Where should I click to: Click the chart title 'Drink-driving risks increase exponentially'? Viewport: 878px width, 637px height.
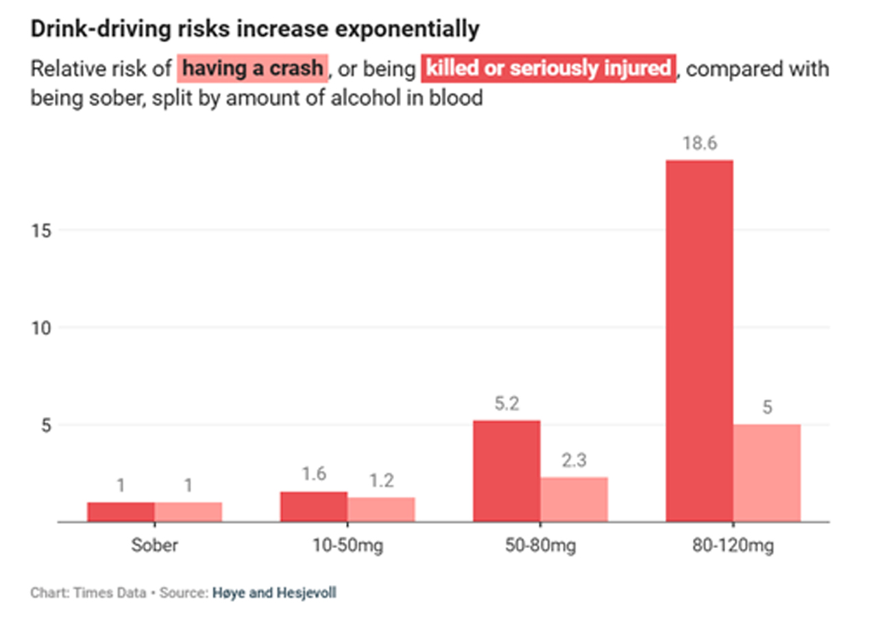[254, 29]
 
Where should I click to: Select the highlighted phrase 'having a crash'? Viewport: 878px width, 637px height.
[252, 69]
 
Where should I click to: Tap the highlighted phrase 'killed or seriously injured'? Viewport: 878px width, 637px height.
[548, 69]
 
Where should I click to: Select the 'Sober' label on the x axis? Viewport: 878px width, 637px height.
[154, 547]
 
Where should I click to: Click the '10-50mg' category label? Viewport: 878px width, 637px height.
[347, 547]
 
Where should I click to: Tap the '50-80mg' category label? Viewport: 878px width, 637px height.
[540, 547]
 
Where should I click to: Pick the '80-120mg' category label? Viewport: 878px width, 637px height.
[733, 547]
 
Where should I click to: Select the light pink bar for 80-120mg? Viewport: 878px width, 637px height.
[767, 473]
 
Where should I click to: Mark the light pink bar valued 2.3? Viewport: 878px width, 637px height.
[574, 499]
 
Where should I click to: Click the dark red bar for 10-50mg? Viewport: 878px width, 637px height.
[313, 507]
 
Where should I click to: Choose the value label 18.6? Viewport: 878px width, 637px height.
[699, 145]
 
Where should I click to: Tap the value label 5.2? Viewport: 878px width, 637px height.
[507, 405]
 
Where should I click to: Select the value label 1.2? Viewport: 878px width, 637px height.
[381, 482]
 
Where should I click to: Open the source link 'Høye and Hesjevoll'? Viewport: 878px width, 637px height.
[273, 592]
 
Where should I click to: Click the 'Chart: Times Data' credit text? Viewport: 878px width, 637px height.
[88, 592]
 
